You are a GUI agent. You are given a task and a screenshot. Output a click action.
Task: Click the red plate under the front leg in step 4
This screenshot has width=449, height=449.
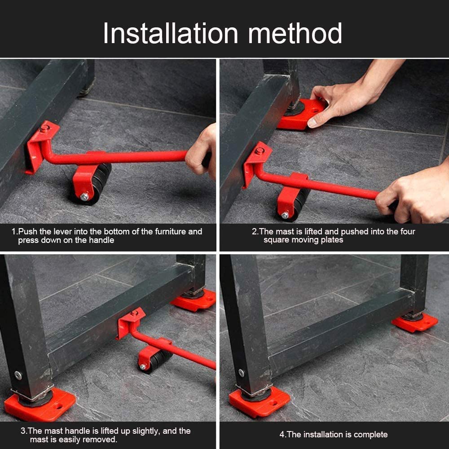pyautogui.click(x=259, y=402)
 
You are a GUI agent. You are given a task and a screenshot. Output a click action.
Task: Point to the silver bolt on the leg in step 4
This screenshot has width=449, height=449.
pyautogui.click(x=242, y=373)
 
